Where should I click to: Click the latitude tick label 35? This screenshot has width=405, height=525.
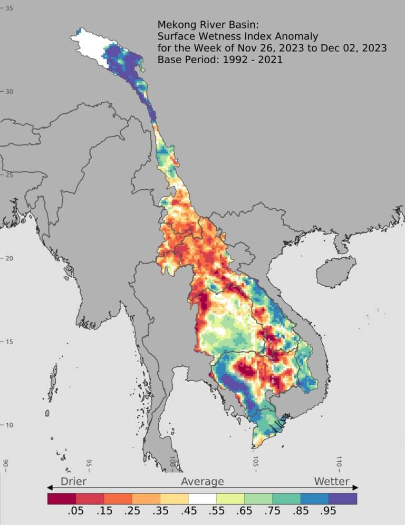tap(9, 8)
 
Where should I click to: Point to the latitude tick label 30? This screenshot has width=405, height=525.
tap(9, 92)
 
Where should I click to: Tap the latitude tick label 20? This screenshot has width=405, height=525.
tap(9, 258)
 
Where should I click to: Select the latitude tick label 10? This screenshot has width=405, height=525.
tap(9, 425)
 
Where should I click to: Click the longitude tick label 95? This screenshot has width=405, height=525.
tap(89, 463)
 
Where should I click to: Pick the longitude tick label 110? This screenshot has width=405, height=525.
tap(339, 463)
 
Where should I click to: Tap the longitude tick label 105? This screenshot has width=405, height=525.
tap(255, 463)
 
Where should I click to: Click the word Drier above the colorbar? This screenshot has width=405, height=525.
tap(73, 481)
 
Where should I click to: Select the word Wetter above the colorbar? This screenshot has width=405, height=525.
tap(332, 481)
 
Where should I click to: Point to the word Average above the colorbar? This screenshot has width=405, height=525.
tap(202, 481)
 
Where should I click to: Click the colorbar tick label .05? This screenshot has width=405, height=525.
tap(75, 511)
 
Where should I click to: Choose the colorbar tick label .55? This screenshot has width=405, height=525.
tap(216, 511)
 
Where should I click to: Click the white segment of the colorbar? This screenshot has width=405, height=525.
tap(202, 498)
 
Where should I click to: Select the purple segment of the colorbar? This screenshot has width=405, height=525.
tap(343, 498)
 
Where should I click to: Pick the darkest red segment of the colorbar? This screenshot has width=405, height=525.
tap(61, 498)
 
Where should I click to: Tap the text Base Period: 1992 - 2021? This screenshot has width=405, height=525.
tap(220, 60)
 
